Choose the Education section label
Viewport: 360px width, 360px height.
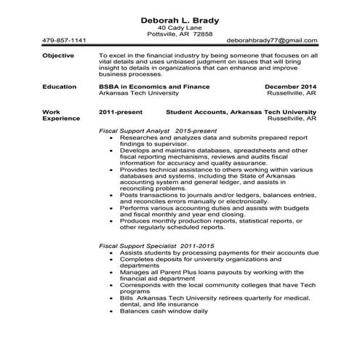click(x=60, y=87)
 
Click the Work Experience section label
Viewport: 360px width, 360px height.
click(x=61, y=115)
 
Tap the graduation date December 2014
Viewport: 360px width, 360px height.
click(x=289, y=87)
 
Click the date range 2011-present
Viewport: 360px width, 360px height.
click(x=120, y=112)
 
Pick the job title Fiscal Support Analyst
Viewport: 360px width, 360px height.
click(x=135, y=129)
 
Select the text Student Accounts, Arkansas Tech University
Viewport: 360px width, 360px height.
click(x=241, y=112)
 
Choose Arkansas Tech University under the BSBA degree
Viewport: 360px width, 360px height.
click(x=139, y=93)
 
